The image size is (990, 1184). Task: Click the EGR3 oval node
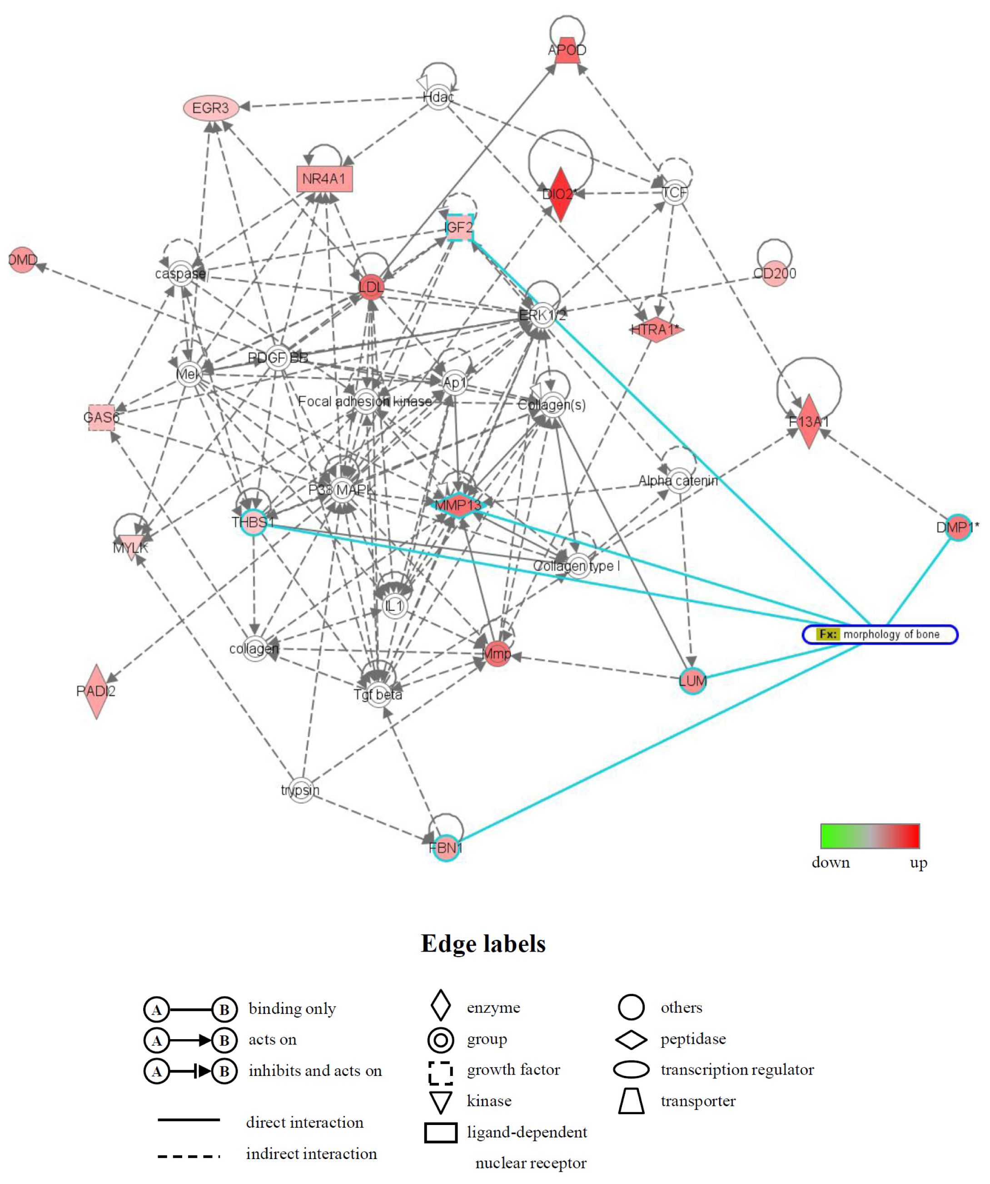coord(211,107)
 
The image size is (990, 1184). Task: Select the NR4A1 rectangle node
coord(324,179)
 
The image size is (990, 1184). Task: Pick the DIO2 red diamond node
coord(560,194)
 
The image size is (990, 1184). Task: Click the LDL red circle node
coord(371,287)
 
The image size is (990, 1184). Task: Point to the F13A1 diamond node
coord(809,421)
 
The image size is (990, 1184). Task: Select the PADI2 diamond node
coord(96,691)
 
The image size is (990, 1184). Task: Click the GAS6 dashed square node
coord(101,417)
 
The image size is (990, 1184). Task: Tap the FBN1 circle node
coord(446,848)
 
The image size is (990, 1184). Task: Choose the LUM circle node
coord(692,681)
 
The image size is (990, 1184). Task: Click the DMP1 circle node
coord(958,527)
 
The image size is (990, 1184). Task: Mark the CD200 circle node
coord(775,273)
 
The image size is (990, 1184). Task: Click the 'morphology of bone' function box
coord(880,634)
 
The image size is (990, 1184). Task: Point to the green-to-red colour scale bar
coord(870,836)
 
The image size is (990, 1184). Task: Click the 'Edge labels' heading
coord(483,944)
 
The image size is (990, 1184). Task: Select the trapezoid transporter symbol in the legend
coord(631,1100)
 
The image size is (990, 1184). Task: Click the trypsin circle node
coord(301,790)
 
